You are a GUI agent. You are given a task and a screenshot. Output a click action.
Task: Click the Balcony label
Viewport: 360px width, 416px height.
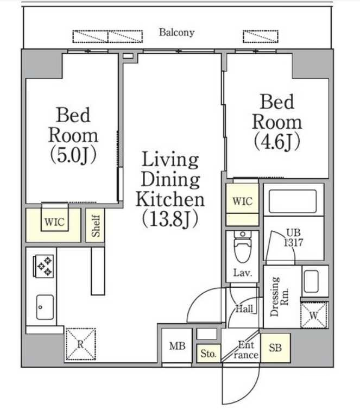click(176, 33)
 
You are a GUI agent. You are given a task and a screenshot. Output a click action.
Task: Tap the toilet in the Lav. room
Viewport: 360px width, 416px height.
click(243, 246)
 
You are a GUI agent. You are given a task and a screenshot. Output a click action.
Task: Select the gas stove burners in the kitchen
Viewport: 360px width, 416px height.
click(44, 266)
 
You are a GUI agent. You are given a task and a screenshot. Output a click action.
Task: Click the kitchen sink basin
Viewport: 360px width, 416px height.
click(45, 307)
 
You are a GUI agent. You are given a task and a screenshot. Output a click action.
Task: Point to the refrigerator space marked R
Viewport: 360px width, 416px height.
click(81, 344)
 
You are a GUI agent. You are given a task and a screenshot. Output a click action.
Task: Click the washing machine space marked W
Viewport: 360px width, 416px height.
click(314, 315)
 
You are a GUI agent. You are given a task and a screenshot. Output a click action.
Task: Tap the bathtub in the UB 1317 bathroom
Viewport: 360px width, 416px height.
click(293, 201)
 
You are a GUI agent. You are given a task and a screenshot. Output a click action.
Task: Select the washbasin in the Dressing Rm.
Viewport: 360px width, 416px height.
click(311, 281)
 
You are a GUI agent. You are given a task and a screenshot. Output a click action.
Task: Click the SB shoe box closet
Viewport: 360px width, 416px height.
click(275, 348)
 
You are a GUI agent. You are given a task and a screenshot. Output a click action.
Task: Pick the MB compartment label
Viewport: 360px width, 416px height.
click(177, 346)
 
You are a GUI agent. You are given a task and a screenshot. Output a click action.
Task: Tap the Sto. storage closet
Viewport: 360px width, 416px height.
click(209, 354)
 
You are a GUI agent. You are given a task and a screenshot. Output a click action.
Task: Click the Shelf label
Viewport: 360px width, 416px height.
click(96, 225)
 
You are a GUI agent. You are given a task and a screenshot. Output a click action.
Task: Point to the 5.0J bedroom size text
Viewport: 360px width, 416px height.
click(73, 155)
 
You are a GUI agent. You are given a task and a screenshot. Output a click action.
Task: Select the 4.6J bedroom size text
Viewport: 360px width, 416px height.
click(277, 142)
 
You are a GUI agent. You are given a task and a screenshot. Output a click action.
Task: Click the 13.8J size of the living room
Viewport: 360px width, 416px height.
click(170, 219)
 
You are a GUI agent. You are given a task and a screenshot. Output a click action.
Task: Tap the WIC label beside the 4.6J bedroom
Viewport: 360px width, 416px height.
click(243, 201)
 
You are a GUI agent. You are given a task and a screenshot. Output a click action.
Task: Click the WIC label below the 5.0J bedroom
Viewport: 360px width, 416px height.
click(54, 222)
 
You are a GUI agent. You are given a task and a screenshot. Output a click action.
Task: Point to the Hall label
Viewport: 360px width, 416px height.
click(244, 309)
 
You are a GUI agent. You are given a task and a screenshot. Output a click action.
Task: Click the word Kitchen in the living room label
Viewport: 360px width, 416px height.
click(170, 199)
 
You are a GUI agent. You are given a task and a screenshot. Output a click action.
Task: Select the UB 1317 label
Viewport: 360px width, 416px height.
click(293, 237)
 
